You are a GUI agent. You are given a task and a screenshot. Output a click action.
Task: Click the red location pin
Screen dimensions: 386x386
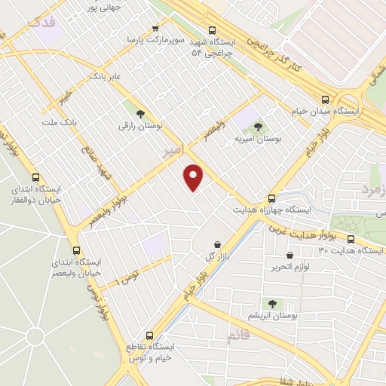pos(195,177)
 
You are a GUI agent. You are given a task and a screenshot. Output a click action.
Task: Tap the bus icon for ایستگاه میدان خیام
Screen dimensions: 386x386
pos(326,98)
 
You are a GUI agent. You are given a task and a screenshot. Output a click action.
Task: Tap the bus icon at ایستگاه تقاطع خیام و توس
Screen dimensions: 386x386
pos(148,335)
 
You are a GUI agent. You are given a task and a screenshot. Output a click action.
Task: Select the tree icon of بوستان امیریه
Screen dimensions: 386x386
pos(258,126)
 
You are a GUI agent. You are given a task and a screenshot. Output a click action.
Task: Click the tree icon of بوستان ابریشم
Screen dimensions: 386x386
pos(271,303)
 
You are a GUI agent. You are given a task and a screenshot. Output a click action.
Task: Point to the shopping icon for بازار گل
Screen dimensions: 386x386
pos(218,244)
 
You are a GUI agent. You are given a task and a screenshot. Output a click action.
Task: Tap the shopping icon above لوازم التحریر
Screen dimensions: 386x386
pos(290,256)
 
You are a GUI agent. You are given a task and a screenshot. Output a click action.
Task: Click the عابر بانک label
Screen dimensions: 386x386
pos(105,76)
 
